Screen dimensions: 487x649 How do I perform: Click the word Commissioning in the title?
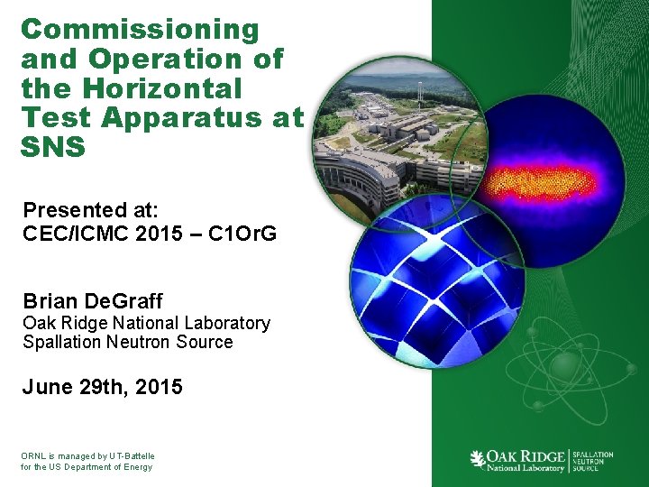pyautogui.click(x=140, y=29)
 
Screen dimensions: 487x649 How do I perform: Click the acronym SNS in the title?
pyautogui.click(x=52, y=147)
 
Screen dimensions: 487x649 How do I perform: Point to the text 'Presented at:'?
pyautogui.click(x=90, y=210)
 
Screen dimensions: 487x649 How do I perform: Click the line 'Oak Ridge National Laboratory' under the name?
pyautogui.click(x=146, y=323)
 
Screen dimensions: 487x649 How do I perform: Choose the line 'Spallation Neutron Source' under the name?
pyautogui.click(x=128, y=342)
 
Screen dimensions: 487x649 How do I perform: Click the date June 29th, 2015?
pyautogui.click(x=103, y=388)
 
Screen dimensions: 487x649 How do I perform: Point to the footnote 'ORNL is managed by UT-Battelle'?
pyautogui.click(x=87, y=455)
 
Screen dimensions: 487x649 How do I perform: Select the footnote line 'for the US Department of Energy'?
pyautogui.click(x=87, y=467)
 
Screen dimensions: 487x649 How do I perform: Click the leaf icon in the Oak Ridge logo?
pyautogui.click(x=478, y=460)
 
